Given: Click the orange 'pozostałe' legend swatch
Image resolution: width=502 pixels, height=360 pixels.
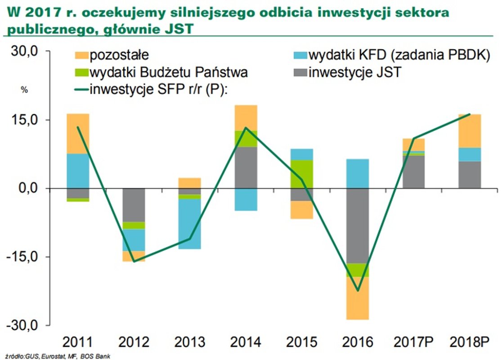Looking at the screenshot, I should (81, 56).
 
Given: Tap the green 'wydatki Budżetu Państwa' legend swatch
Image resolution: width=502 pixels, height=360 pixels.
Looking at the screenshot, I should (81, 72).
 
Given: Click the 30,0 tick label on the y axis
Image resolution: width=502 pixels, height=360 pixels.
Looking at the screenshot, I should (25, 51).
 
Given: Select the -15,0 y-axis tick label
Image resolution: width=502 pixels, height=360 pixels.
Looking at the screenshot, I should (23, 256).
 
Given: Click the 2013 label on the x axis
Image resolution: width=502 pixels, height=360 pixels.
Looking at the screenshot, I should (188, 343).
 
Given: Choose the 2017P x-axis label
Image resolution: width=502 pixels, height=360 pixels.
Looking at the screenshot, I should (413, 343).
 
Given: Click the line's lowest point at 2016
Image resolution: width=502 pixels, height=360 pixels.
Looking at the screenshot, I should (358, 291).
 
